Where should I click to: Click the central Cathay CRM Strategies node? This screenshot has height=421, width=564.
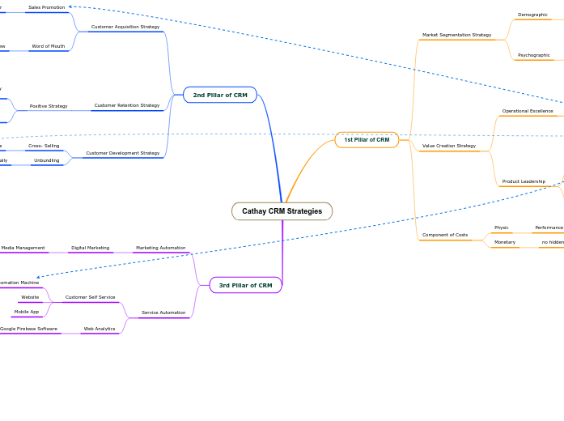tap(282, 211)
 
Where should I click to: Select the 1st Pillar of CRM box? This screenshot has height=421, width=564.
tap(367, 140)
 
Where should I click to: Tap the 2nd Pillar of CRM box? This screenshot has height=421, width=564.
tap(220, 96)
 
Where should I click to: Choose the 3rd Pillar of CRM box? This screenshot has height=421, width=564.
tap(245, 285)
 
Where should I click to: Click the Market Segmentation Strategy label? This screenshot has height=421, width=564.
tap(456, 35)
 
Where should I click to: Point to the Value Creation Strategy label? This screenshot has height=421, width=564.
tap(449, 146)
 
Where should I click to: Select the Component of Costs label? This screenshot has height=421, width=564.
tap(445, 235)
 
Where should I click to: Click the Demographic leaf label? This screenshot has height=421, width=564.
tap(532, 15)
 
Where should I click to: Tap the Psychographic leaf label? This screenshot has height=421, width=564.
tap(533, 55)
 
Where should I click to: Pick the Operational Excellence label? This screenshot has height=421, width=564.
tap(528, 111)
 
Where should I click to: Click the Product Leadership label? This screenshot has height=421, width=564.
tap(524, 181)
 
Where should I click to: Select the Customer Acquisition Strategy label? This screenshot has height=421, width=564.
tap(125, 27)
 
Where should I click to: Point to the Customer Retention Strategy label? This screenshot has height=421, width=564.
tap(127, 105)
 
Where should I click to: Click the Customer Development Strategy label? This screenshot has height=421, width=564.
tap(123, 153)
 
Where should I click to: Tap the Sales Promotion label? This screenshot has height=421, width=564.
tap(46, 7)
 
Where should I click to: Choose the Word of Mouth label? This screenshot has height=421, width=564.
tap(48, 46)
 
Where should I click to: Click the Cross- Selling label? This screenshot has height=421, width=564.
tap(44, 146)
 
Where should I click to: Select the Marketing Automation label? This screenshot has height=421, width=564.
tap(160, 248)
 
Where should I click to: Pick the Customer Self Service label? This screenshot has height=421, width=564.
tap(90, 297)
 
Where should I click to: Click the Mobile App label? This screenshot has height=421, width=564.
tap(27, 312)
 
